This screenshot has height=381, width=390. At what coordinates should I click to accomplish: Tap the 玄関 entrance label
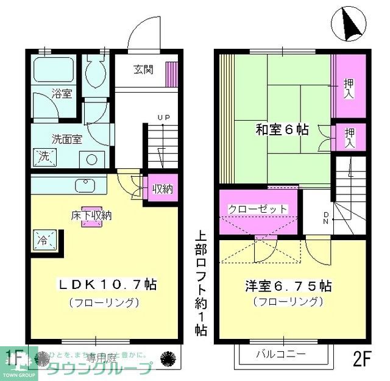143,69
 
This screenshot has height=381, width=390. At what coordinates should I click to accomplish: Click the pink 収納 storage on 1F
161,189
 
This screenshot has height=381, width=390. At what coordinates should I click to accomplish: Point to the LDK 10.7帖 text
107,284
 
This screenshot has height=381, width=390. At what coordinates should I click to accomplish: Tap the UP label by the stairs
163,117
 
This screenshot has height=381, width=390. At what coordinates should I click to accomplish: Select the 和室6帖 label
281,130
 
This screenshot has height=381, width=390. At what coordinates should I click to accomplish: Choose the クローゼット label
258,209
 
